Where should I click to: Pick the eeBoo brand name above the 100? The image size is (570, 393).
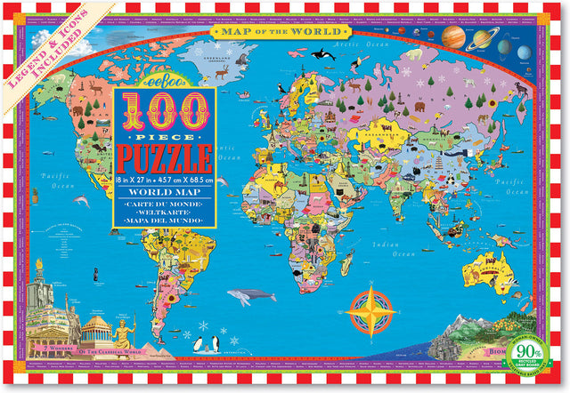tap(167, 75)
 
